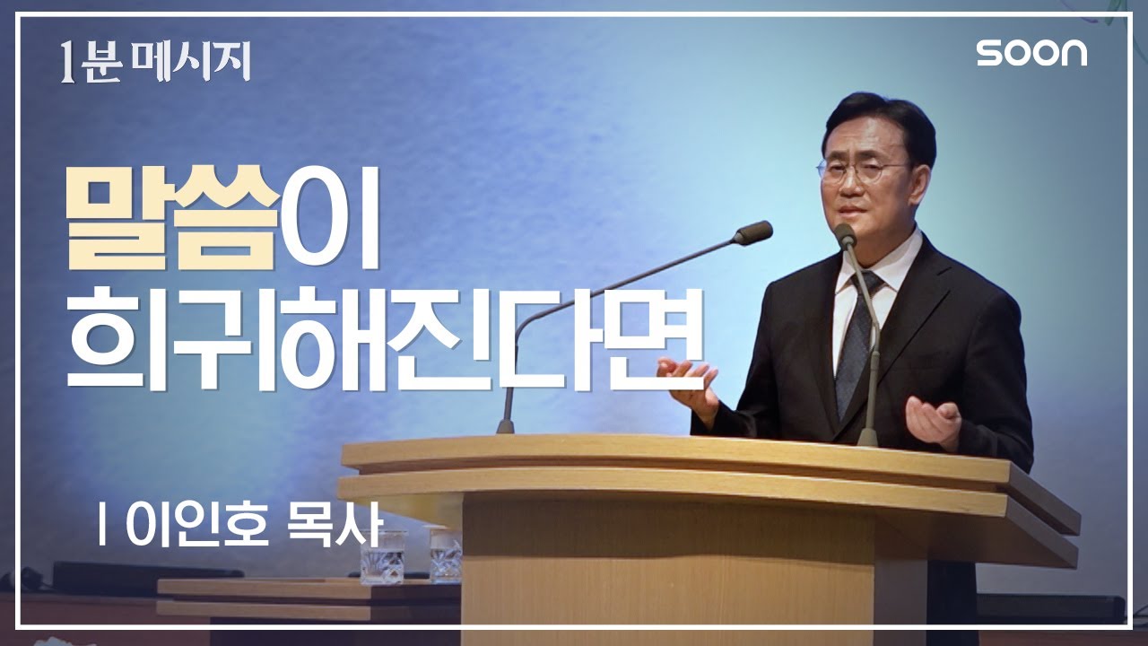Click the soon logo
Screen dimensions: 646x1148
pyautogui.click(x=1031, y=53)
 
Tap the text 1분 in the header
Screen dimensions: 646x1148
pyautogui.click(x=90, y=64)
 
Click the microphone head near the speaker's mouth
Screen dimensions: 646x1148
pyautogui.click(x=844, y=235)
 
